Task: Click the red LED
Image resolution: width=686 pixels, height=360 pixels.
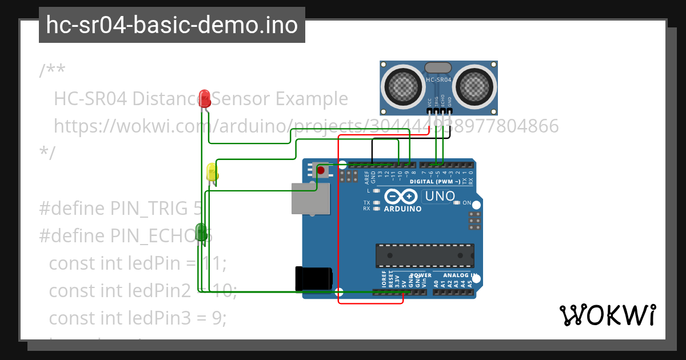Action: (205, 98)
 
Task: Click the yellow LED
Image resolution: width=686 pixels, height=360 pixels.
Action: (212, 173)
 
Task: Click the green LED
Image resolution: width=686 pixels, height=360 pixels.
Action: (201, 231)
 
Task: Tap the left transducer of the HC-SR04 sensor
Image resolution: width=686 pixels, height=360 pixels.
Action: (405, 85)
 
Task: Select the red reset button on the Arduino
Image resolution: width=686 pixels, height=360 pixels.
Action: (321, 170)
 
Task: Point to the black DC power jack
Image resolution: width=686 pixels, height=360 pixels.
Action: (313, 278)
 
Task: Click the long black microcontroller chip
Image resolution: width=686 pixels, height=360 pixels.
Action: (425, 255)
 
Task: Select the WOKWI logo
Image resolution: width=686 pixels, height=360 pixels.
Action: (607, 315)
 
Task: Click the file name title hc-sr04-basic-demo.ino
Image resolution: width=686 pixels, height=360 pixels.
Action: (171, 25)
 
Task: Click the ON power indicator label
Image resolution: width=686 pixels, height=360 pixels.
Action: (466, 203)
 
